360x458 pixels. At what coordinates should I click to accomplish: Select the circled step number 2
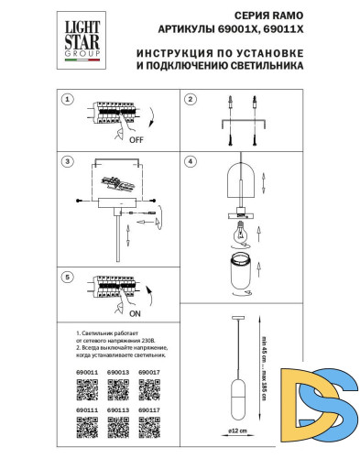[x=190, y=100]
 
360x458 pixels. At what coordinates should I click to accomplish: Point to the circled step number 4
[x=190, y=161]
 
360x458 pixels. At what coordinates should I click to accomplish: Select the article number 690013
[x=118, y=374]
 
